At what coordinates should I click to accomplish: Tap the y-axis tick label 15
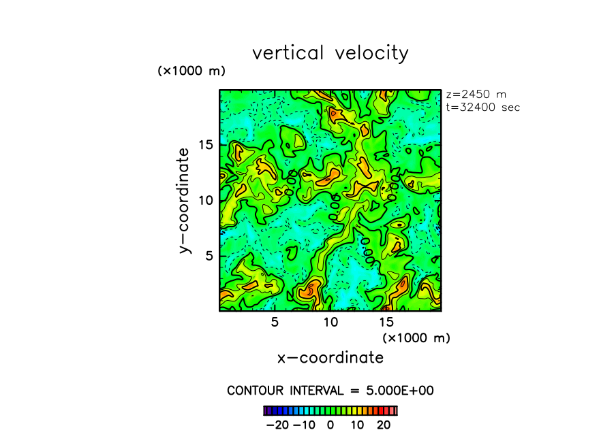(x=206, y=144)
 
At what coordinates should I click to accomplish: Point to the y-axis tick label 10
(x=206, y=200)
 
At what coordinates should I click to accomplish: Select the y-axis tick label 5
(x=210, y=255)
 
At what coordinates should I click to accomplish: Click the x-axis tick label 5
(x=275, y=322)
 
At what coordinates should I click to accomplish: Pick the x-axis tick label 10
(x=330, y=322)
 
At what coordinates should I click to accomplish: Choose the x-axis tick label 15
(x=386, y=322)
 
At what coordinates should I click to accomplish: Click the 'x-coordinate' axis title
(x=330, y=357)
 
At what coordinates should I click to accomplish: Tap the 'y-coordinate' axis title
(x=184, y=200)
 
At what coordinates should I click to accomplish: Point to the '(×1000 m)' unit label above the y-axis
(x=191, y=71)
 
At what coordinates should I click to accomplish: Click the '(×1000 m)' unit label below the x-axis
(x=416, y=337)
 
